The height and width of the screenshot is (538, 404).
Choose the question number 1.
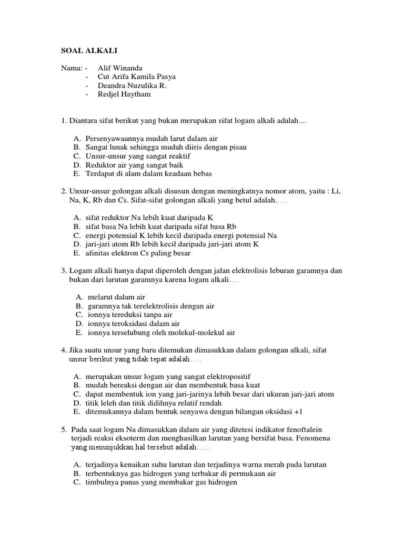pos(64,121)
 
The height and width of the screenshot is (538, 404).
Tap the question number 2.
pos(64,191)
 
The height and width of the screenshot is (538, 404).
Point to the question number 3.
pos(64,271)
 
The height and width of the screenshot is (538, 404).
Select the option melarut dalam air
pos(116,297)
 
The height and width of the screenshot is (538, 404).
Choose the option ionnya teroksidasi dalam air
pos(134,324)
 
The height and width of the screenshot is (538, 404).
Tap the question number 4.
pos(64,350)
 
